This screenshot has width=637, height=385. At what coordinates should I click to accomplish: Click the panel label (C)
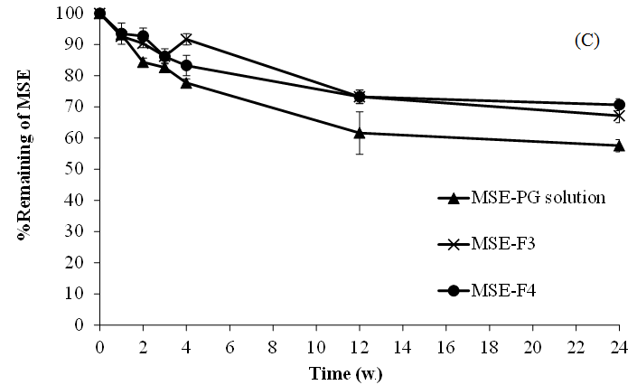[x=586, y=41]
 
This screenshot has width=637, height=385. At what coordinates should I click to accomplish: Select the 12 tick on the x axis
[x=359, y=343]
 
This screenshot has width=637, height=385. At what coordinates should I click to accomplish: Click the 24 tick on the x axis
[x=619, y=343]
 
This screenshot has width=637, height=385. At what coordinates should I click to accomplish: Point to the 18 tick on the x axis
[x=489, y=343]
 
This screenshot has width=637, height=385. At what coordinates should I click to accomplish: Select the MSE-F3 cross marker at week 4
[x=186, y=39]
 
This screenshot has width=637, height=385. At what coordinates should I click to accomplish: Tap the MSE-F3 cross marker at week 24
[x=619, y=116]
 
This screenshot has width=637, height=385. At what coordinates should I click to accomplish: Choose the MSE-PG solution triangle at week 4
[x=186, y=82]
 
